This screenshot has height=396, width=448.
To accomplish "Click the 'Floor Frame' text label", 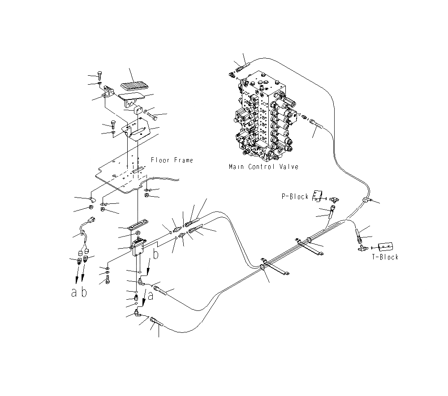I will pyautogui.click(x=172, y=160).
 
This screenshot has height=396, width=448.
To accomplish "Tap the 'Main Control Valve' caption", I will pyautogui.click(x=263, y=167).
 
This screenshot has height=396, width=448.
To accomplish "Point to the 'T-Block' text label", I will pyautogui.click(x=385, y=257).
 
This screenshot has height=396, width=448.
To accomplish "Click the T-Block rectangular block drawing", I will pyautogui.click(x=386, y=247).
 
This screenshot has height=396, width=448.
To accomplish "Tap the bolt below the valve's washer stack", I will pyautogui.click(x=108, y=281).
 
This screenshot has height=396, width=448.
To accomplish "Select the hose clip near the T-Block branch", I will pyautogui.click(x=367, y=199).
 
